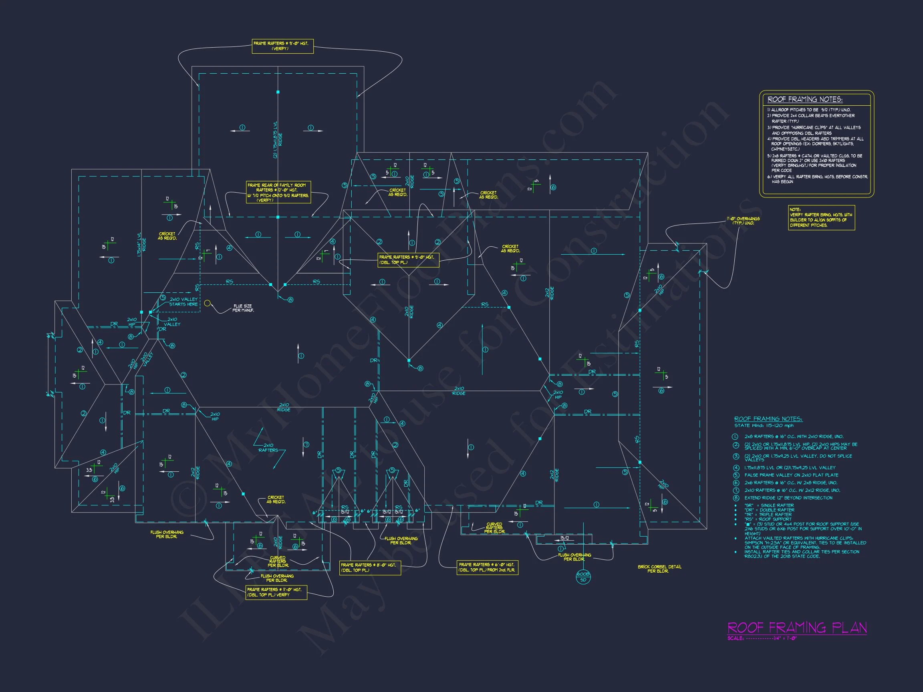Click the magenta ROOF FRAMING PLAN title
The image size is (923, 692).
[797, 628]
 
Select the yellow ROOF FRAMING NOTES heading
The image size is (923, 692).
[805, 99]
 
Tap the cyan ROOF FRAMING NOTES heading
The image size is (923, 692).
[768, 419]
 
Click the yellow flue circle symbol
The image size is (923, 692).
[207, 303]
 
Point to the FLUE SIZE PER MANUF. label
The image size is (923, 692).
[243, 308]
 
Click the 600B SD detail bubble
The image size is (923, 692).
[583, 577]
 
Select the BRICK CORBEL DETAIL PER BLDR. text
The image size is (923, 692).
[659, 569]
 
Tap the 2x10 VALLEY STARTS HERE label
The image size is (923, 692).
[183, 302]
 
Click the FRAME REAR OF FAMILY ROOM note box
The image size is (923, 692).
[278, 192]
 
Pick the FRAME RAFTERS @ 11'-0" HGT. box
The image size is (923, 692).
[276, 592]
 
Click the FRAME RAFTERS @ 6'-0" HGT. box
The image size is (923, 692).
[488, 567]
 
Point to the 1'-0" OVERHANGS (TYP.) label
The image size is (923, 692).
[743, 221]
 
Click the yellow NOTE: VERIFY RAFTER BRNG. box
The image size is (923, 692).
[821, 217]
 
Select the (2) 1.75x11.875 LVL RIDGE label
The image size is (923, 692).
[278, 140]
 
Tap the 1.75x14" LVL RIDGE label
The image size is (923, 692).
[141, 245]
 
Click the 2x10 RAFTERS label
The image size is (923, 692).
[268, 448]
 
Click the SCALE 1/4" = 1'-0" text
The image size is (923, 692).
[762, 639]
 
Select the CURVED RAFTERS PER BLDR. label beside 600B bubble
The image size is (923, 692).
[494, 528]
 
